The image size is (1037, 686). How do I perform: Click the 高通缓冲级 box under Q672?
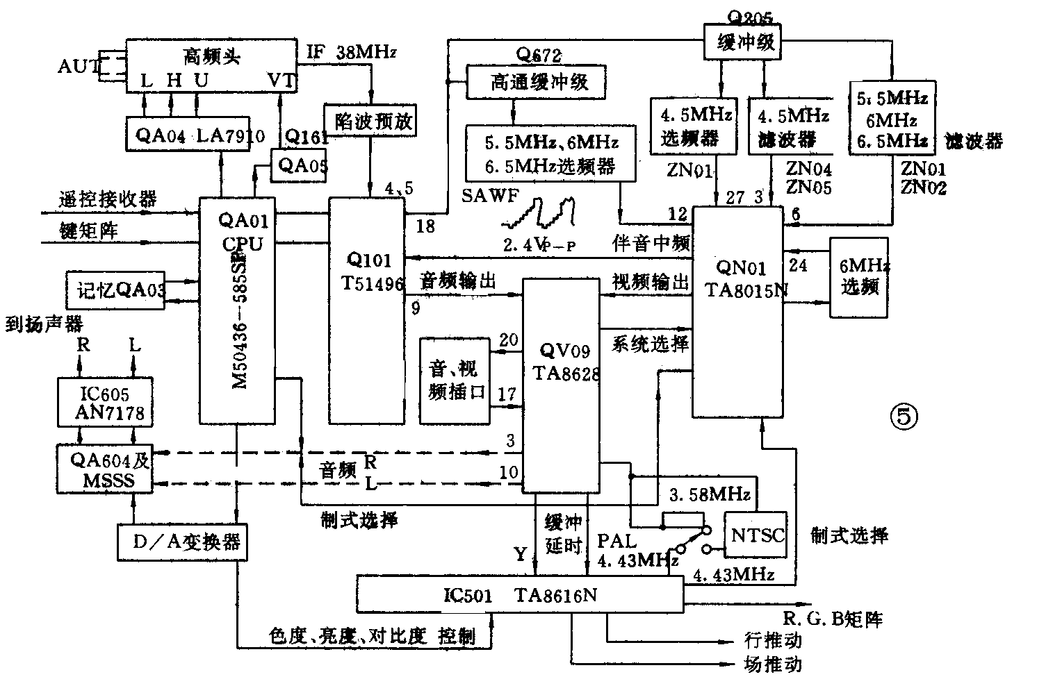click(536, 82)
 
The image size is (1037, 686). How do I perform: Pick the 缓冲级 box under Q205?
click(742, 43)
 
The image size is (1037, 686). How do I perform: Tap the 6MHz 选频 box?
click(858, 277)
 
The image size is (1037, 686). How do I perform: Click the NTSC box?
click(757, 535)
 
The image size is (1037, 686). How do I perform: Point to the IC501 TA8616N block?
click(519, 595)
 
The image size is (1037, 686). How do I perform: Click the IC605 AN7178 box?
click(106, 403)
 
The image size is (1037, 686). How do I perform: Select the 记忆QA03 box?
click(115, 290)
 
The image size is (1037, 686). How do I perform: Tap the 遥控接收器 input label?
click(108, 200)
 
